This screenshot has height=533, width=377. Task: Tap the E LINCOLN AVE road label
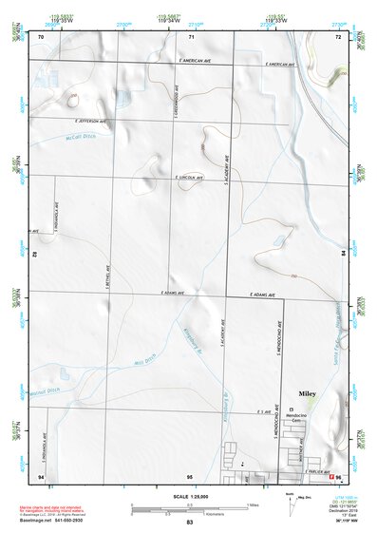click(190, 177)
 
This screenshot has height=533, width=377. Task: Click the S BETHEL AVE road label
click(107, 276)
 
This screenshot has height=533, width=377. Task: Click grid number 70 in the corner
click(41, 36)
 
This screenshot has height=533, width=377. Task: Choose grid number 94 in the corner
click(41, 475)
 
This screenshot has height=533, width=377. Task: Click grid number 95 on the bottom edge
click(190, 475)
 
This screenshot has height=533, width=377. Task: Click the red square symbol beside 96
click(330, 474)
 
